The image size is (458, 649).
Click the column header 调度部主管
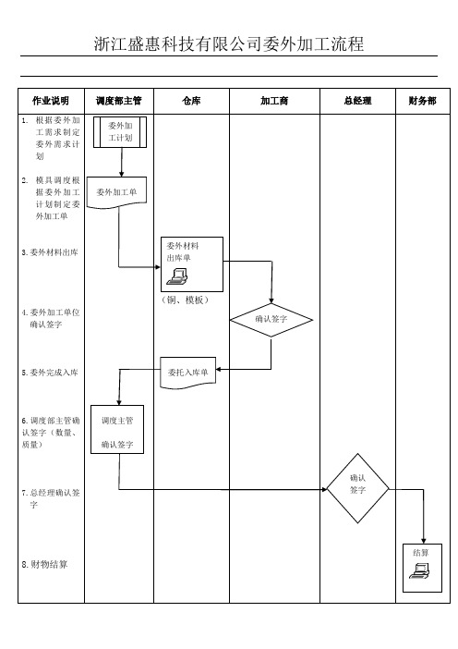tap(118, 101)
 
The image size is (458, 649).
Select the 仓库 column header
tap(191, 101)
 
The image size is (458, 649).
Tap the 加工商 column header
tap(274, 101)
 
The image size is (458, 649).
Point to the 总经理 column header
tap(357, 101)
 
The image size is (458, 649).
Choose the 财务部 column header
tap(423, 101)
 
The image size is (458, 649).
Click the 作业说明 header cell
tap(51, 101)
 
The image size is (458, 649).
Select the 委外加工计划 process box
tap(120, 132)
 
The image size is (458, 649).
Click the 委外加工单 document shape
tap(116, 192)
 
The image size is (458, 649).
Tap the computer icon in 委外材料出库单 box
tap(177, 276)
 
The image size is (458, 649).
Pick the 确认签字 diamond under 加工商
tap(271, 320)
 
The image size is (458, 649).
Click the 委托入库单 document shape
tap(188, 373)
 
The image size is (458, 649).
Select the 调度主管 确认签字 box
tap(117, 429)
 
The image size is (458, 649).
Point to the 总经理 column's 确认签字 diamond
tap(357, 488)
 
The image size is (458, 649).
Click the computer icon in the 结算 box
tap(419, 571)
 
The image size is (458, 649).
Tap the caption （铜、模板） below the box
tap(185, 300)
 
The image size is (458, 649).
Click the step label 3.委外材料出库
tap(50, 252)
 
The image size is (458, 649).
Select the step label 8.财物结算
tap(44, 564)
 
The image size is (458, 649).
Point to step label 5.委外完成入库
tap(50, 373)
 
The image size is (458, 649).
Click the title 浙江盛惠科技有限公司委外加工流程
tap(229, 43)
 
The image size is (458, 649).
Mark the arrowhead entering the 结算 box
tap(423, 541)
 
